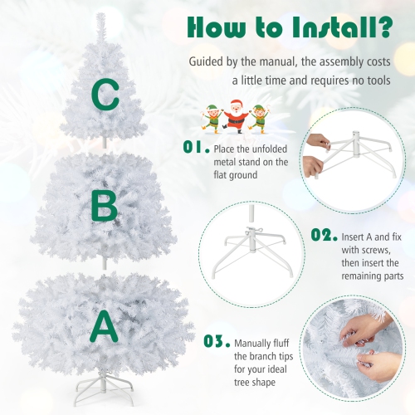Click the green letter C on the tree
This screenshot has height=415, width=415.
(105, 96)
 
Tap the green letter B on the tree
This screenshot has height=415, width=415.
(104, 207)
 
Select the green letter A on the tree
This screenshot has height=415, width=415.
(104, 325)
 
